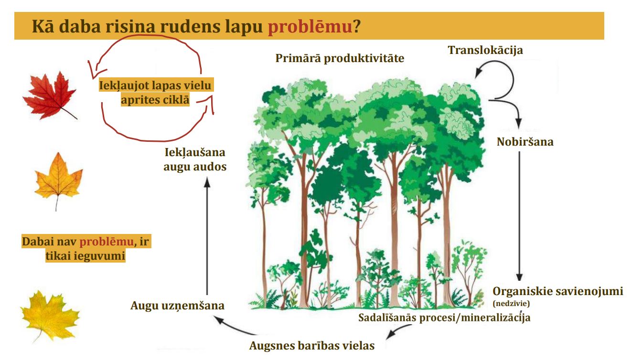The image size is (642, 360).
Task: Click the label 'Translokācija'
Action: tap(485, 50)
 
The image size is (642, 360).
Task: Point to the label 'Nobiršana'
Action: tap(525, 141)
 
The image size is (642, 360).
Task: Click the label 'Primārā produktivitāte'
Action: tap(340, 59)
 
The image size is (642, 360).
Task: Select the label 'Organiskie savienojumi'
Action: tap(558, 291)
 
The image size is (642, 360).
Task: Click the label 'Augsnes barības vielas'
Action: tap(316, 345)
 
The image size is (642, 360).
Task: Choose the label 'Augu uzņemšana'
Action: tap(178, 306)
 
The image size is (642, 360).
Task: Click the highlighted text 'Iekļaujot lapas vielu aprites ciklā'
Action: tap(156, 93)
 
